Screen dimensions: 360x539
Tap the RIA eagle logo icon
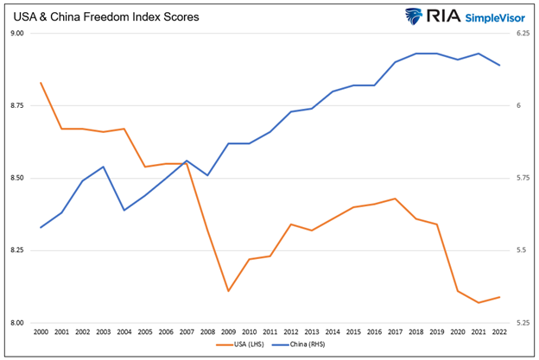pyautogui.click(x=420, y=16)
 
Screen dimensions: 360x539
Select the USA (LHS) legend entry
pyautogui.click(x=250, y=344)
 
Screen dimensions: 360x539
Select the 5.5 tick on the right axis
pyautogui.click(x=519, y=250)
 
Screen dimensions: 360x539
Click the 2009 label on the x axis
pyautogui.click(x=227, y=331)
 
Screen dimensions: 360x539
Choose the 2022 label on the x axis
pyautogui.click(x=499, y=331)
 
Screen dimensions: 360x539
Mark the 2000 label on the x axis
pyautogui.click(x=40, y=331)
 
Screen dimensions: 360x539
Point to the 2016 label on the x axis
pyautogui.click(x=374, y=331)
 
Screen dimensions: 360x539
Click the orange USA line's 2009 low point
pyautogui.click(x=227, y=291)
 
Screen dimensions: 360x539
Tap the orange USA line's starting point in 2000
pyautogui.click(x=41, y=83)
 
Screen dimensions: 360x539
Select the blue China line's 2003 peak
pyautogui.click(x=103, y=167)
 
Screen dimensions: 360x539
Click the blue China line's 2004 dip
pyautogui.click(x=124, y=210)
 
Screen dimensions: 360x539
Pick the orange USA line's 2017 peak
pyautogui.click(x=395, y=199)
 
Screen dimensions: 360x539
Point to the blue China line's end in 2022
pyautogui.click(x=499, y=66)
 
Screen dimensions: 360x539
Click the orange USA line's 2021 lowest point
pyautogui.click(x=479, y=302)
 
